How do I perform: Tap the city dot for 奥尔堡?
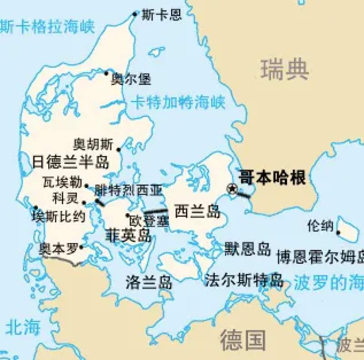coord(106,73)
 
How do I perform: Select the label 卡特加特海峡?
coord(178,102)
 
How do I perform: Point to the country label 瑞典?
coord(285,70)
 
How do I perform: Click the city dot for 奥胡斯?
coord(119,150)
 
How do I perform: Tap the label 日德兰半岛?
coord(71,161)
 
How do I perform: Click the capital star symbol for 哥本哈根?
coord(233,189)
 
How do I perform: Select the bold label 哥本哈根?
coord(272,178)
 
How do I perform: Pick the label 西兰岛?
coord(197,211)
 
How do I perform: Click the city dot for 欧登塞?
coord(128,215)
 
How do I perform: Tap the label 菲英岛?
coord(128,235)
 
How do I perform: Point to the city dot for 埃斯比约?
coord(36,208)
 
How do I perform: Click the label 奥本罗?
coord(58,248)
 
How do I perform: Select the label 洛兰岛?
coord(149,282)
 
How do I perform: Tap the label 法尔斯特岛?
coord(244,280)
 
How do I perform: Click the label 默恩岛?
coord(248,249)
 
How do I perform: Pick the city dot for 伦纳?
coord(339,233)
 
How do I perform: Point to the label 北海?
coord(23,327)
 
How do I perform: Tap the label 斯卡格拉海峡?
coord(47,27)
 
